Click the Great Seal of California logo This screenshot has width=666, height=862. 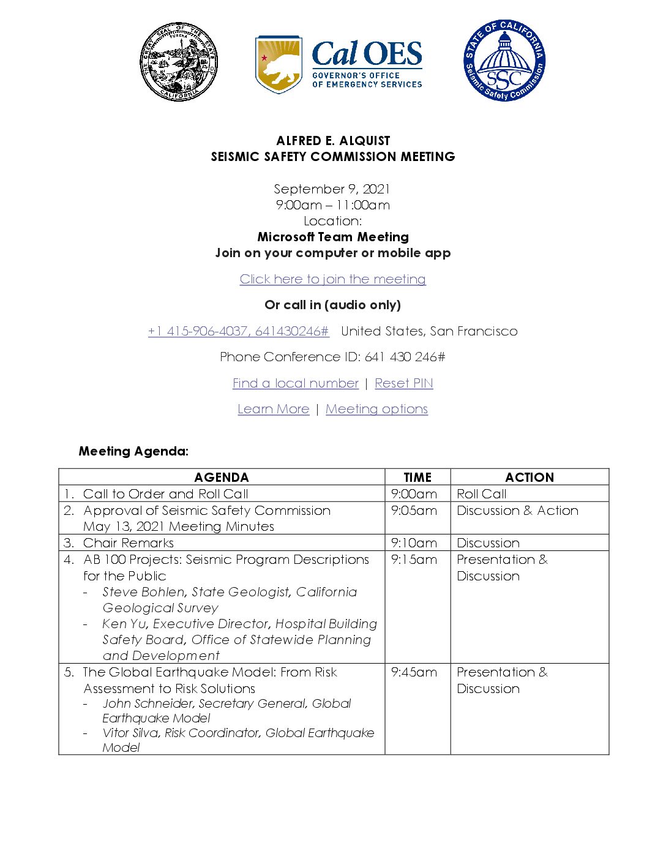tap(178, 62)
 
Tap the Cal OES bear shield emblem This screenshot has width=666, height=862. tap(279, 64)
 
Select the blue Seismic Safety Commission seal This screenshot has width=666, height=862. tap(504, 61)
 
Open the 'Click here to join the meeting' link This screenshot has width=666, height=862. tap(332, 279)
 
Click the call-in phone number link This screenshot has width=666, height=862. tap(239, 331)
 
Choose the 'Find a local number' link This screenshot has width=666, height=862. tap(295, 383)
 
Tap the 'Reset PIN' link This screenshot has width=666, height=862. tap(403, 383)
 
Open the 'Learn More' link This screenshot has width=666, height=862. tap(273, 409)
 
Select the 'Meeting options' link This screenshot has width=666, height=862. tap(376, 409)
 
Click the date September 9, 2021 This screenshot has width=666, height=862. tap(332, 189)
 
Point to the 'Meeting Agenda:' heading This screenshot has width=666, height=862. tap(133, 451)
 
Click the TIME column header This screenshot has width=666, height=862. tap(417, 478)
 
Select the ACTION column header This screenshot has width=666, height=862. tap(529, 478)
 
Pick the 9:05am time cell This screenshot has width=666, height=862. tap(414, 511)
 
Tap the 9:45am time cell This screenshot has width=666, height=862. tap(414, 672)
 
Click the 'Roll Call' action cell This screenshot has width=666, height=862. tap(482, 494)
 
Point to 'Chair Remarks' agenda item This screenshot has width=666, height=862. tap(129, 543)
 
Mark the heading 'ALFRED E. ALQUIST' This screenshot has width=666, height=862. tap(333, 141)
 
